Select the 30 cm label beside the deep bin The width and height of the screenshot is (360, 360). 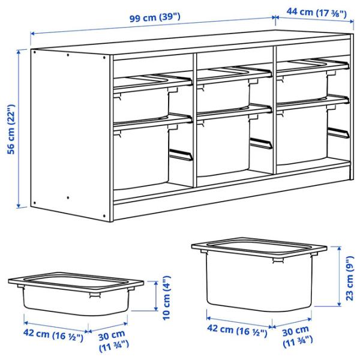click(297, 336)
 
